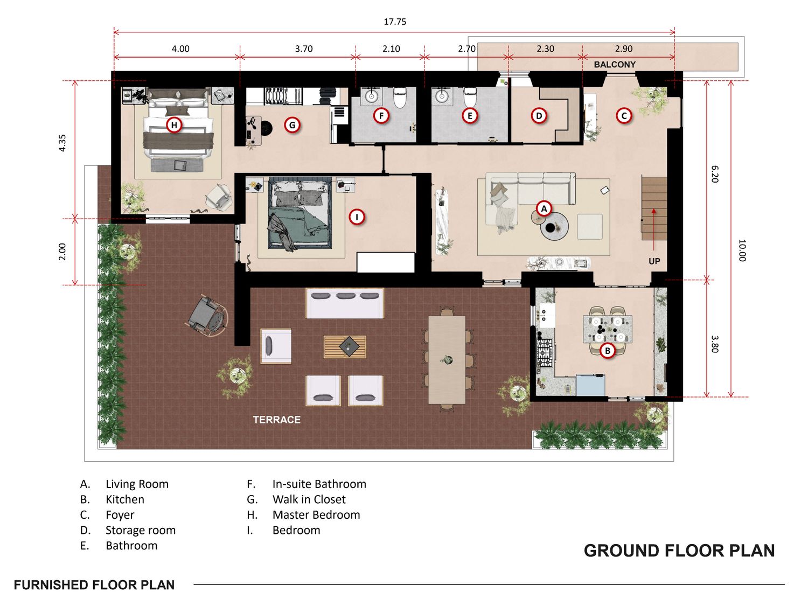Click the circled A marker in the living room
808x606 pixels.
[544, 208]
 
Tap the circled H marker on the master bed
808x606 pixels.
[174, 125]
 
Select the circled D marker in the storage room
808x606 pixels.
[539, 116]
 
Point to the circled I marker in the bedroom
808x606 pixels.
[357, 217]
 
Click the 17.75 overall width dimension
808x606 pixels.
[395, 22]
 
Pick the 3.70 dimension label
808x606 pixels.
[304, 48]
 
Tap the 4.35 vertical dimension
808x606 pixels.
[62, 143]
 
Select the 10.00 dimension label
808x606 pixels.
[742, 250]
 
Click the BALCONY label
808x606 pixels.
[615, 65]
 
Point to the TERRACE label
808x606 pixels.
[277, 420]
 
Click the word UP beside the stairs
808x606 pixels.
[654, 261]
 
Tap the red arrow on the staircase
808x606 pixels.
[654, 229]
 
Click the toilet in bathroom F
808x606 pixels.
[399, 97]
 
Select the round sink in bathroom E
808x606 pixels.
[441, 96]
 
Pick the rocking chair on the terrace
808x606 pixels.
[207, 315]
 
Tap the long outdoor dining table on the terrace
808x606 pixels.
[447, 360]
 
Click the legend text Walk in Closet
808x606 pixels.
[309, 499]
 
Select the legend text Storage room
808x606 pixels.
[141, 530]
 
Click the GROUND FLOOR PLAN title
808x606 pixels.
[680, 551]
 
